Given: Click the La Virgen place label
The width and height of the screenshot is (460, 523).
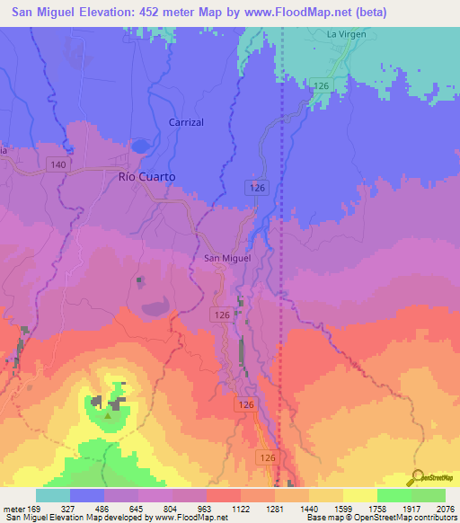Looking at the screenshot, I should (346, 35).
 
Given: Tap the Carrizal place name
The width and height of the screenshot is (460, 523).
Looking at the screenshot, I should (186, 121).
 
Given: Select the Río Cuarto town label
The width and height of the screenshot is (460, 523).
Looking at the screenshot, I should (146, 177).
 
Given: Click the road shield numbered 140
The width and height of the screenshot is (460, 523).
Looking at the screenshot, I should (58, 164).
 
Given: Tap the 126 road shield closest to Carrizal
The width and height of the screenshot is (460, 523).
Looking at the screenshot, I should (258, 186).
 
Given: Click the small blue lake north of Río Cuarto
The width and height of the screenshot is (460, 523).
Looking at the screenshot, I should (140, 145).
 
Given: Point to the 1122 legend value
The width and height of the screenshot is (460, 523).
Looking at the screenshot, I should (241, 507).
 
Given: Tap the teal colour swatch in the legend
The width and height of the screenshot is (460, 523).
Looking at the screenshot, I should (53, 495).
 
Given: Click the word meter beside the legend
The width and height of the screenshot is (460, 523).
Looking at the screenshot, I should (13, 507).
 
